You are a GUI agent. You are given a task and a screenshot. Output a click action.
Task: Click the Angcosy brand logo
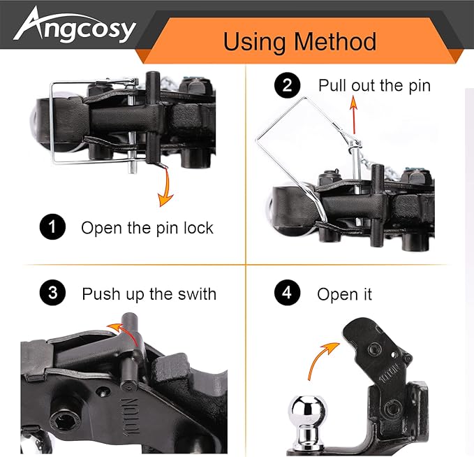click(x=75, y=25)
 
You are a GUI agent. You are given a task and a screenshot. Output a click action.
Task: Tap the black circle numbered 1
click(x=52, y=226)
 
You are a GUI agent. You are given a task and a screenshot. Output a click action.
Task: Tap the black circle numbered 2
click(x=287, y=85)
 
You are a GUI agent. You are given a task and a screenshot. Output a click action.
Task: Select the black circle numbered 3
click(x=52, y=293)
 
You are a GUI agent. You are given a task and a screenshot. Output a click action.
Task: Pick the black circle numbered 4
click(x=287, y=293)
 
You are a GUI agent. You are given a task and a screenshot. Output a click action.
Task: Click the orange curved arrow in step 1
click(x=166, y=187)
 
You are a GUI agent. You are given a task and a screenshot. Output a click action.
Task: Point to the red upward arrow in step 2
click(x=353, y=115)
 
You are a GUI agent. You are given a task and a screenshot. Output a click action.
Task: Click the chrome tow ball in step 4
click(x=307, y=422)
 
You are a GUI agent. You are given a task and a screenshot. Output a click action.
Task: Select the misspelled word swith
click(x=197, y=293)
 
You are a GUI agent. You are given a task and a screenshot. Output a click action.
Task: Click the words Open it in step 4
click(x=345, y=294)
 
